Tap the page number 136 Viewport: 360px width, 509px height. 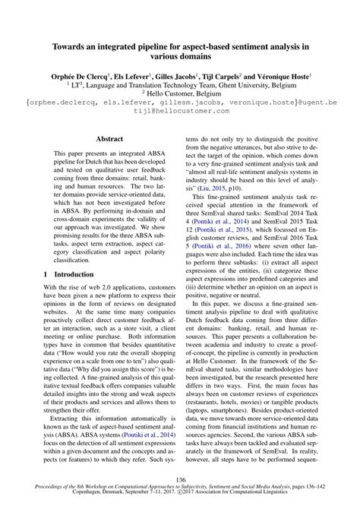pyautogui.click(x=180, y=480)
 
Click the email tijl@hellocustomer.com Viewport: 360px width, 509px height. pyautogui.click(x=180, y=109)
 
